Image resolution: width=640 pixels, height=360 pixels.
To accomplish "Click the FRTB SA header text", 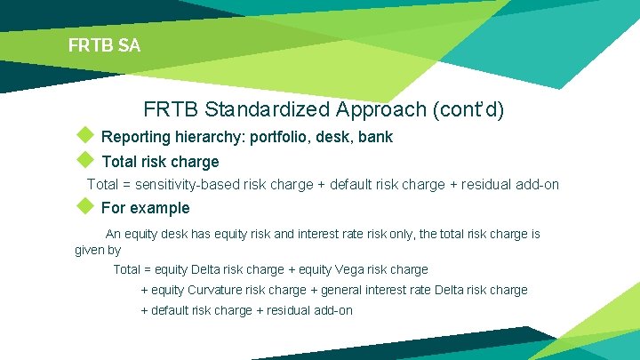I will (x=104, y=44).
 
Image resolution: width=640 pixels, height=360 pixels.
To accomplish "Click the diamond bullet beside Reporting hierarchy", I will (x=84, y=136).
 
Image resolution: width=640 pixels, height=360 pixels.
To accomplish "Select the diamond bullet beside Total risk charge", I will (x=84, y=160).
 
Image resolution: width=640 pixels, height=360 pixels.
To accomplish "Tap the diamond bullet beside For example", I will (x=84, y=206).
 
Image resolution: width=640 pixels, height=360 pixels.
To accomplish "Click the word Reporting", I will (x=138, y=138).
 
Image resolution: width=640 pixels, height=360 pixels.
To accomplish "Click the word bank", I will (x=375, y=138).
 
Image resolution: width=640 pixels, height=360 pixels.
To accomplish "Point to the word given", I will (x=90, y=251).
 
